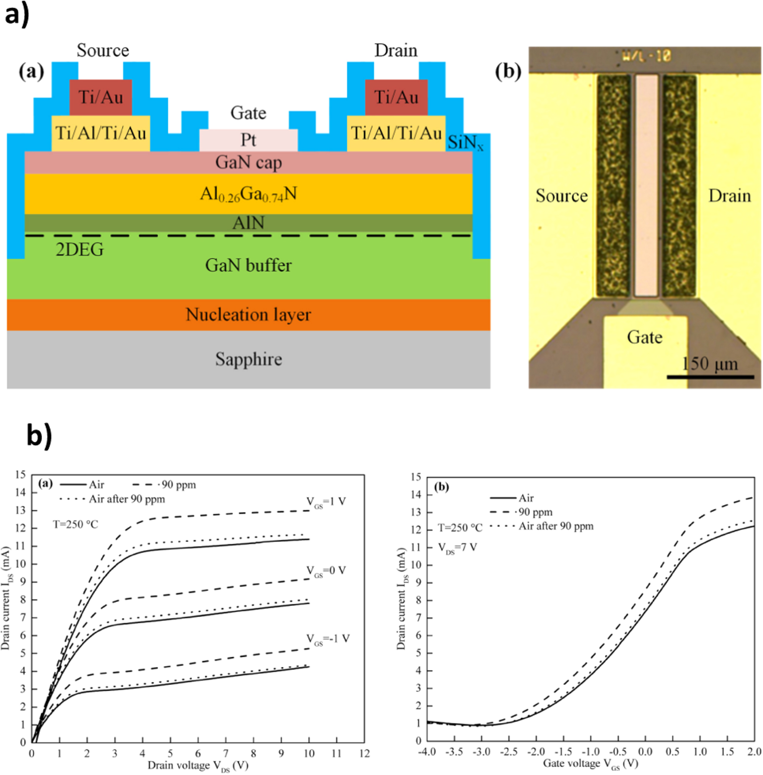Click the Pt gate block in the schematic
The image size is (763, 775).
pos(248,140)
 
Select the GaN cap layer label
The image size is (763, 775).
pos(248,162)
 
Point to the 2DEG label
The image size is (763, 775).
pos(79,250)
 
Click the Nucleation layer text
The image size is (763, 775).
pos(248,315)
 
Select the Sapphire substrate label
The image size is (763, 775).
pos(248,359)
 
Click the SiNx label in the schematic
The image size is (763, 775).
pos(465,142)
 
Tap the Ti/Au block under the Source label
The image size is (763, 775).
pos(101,97)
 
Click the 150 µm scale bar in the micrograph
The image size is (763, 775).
pos(710,376)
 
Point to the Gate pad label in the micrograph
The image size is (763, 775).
pos(644,337)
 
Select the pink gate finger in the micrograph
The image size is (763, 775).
pos(647,184)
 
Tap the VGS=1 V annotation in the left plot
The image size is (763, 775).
pos(326,501)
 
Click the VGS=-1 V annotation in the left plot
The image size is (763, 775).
pos(328,639)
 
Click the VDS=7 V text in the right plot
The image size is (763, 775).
pos(457,548)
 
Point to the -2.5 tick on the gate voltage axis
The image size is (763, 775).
pos(509,752)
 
